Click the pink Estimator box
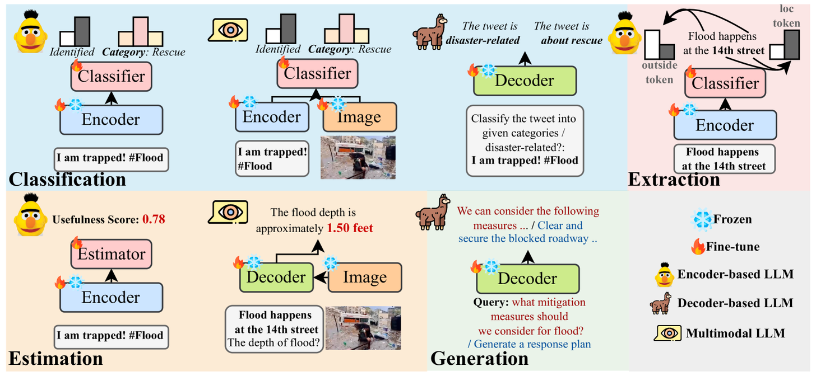pos(111,254)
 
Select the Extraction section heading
pos(674,179)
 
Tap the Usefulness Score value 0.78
pos(154,219)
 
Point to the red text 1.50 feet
pos(350,228)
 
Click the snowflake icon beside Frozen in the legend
pos(701,220)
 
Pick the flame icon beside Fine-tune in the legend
pos(698,247)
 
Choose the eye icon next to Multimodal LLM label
pos(667,333)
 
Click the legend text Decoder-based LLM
pos(735,303)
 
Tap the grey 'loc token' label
pos(786,16)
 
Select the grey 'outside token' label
pos(659,72)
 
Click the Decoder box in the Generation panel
pos(527,279)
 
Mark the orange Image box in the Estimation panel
pos(365,278)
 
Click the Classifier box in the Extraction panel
pos(725,83)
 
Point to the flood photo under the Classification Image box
pos(358,157)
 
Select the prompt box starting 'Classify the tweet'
pos(525,141)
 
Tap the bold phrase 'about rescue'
pos(572,40)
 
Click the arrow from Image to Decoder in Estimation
pos(321,278)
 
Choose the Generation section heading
pos(479,359)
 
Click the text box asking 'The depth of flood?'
pos(274,329)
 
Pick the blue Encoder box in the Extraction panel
pos(725,125)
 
